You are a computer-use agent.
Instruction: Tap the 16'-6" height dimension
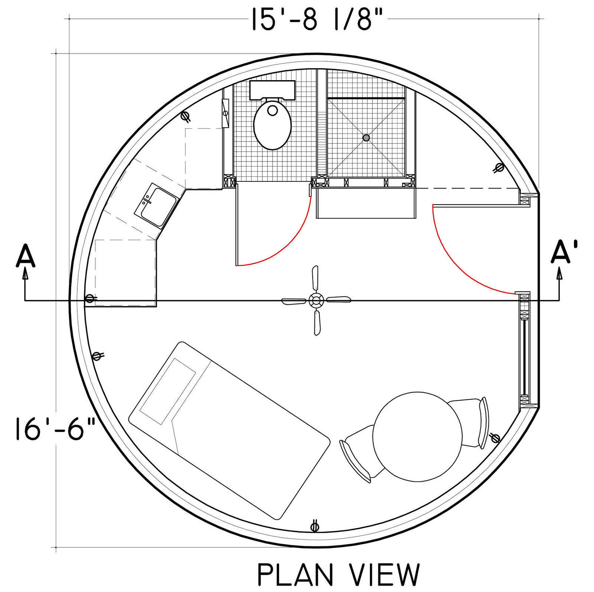(55, 428)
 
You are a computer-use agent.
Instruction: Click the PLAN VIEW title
(338, 575)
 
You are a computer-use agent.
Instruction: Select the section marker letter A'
(564, 252)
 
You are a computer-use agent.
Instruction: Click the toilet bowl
(272, 124)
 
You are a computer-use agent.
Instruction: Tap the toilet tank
(272, 90)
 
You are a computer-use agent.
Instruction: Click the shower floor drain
(366, 138)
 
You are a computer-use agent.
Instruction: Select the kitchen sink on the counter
(156, 205)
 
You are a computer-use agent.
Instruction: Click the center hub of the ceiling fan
(316, 300)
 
